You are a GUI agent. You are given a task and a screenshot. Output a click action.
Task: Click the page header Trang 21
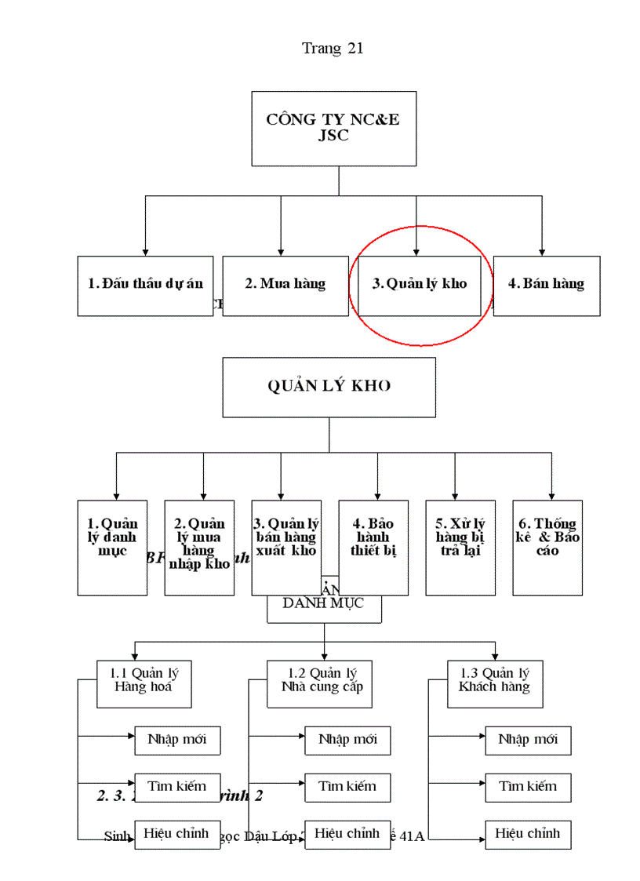(333, 49)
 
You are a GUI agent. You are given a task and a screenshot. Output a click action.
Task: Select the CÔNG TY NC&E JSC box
(333, 128)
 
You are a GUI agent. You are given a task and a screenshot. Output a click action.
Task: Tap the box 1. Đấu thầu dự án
(145, 286)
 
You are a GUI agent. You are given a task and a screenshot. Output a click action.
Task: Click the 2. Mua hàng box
(285, 286)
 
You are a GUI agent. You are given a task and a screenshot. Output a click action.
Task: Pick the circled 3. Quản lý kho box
(419, 286)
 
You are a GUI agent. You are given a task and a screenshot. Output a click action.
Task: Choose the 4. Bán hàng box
(547, 286)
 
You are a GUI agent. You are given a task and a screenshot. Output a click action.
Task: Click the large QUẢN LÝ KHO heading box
(329, 387)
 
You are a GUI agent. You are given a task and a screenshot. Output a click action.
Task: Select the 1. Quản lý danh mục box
(112, 548)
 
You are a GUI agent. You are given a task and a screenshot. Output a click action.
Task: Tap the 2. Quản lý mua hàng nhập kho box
(199, 548)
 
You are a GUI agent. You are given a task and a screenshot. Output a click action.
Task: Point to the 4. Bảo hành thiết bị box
(373, 548)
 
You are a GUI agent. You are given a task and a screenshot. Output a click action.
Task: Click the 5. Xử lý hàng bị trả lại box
(460, 548)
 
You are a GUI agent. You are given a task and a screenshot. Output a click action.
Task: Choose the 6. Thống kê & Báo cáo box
(547, 548)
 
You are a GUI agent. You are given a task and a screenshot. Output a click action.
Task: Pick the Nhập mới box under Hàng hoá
(176, 740)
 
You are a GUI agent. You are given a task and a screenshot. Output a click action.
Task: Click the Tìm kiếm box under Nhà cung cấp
(347, 787)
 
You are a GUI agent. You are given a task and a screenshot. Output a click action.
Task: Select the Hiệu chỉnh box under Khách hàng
(528, 834)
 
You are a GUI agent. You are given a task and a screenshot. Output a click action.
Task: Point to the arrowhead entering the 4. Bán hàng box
(541, 251)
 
